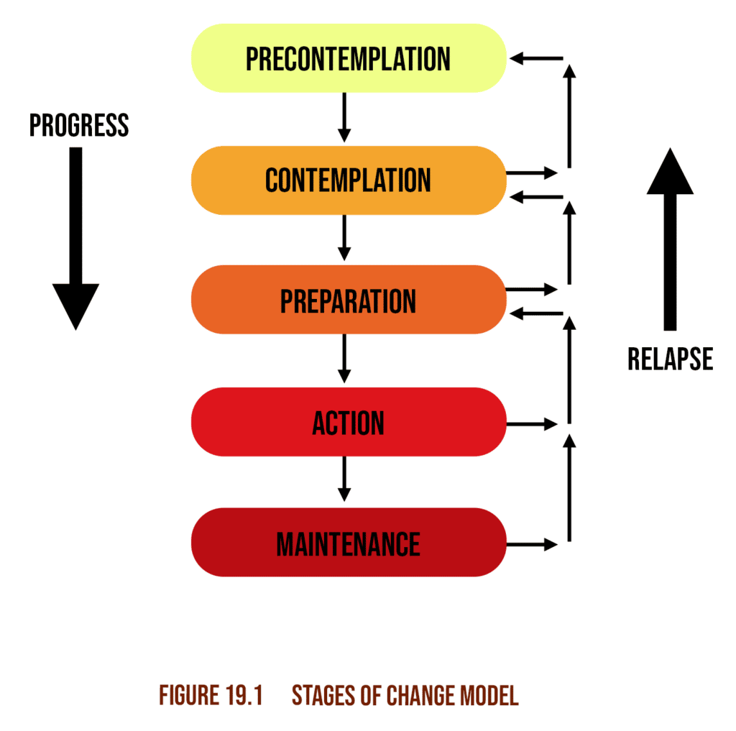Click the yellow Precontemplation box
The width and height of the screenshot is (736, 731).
pyautogui.click(x=349, y=58)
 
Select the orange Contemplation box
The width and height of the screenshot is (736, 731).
pyautogui.click(x=349, y=180)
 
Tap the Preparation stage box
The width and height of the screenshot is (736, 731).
pyautogui.click(x=349, y=300)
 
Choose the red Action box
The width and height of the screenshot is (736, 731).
pyautogui.click(x=349, y=422)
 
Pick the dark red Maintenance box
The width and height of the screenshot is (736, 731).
pyautogui.click(x=349, y=543)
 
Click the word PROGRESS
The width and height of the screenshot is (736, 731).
pyautogui.click(x=79, y=126)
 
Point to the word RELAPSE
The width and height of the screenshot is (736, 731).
pyautogui.click(x=670, y=359)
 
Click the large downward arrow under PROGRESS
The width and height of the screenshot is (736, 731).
pyautogui.click(x=75, y=237)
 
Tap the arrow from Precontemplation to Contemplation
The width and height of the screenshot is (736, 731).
pyautogui.click(x=344, y=117)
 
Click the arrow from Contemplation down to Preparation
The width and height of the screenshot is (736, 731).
pyautogui.click(x=344, y=238)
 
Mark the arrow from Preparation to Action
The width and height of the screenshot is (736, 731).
pyautogui.click(x=344, y=359)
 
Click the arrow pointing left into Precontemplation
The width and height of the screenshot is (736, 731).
pyautogui.click(x=535, y=59)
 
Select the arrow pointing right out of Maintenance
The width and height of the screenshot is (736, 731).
pyautogui.click(x=532, y=544)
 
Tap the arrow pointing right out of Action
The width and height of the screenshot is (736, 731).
pyautogui.click(x=532, y=424)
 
